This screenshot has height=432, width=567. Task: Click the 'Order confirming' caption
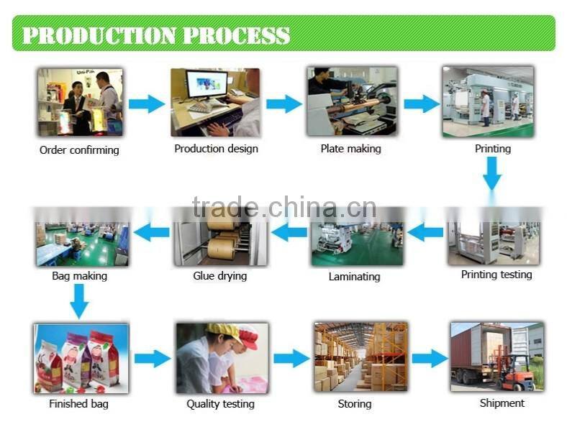tap(79, 150)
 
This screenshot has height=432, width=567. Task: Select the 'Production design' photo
tap(214, 101)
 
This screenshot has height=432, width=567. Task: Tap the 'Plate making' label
tap(350, 149)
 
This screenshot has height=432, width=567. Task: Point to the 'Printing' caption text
tap(492, 149)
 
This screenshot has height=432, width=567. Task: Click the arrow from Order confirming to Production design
tap(147, 104)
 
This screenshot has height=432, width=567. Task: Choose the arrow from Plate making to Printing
tap(421, 104)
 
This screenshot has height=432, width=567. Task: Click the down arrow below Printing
tap(492, 173)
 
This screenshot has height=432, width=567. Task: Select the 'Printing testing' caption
tap(496, 275)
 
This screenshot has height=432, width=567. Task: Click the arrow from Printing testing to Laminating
tap(425, 232)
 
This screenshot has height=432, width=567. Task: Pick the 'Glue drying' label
tap(219, 276)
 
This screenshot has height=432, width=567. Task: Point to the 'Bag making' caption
tap(79, 276)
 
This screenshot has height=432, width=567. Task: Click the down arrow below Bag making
tap(79, 300)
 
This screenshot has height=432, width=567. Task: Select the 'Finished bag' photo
tap(80, 357)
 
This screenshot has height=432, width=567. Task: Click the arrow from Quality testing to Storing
tap(291, 358)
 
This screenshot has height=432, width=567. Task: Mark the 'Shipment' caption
tap(502, 403)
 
